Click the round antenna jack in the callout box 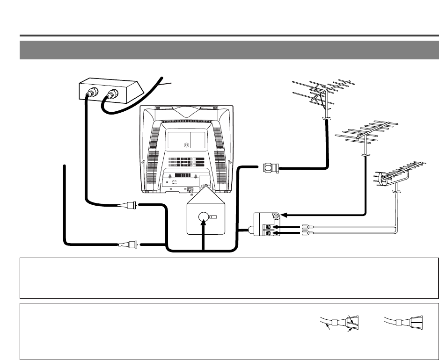click(x=202, y=217)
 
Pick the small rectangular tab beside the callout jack click(x=213, y=217)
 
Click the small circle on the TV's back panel click(x=186, y=145)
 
